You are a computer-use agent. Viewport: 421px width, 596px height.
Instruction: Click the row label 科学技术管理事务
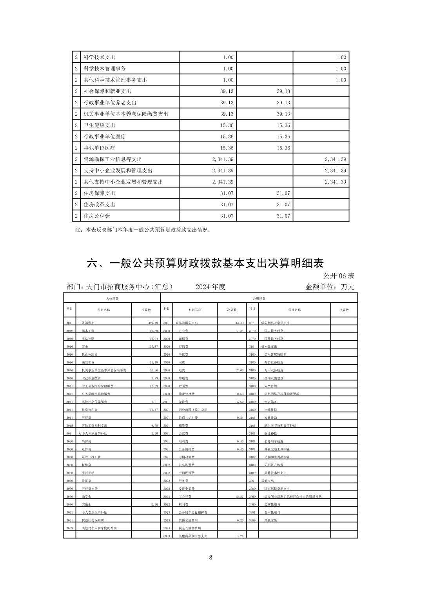105,69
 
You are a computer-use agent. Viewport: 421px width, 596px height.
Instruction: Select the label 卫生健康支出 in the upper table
99,125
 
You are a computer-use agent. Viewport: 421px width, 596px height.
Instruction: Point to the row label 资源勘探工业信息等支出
113,159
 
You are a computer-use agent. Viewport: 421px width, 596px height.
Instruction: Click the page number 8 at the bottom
210,558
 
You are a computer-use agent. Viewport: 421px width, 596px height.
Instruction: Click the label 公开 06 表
339,276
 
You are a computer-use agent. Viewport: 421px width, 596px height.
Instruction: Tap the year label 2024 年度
210,287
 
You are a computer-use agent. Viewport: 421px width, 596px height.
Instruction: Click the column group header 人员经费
112,299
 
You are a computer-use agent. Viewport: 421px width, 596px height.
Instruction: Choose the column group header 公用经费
259,299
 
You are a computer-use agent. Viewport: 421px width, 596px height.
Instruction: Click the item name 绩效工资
87,362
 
